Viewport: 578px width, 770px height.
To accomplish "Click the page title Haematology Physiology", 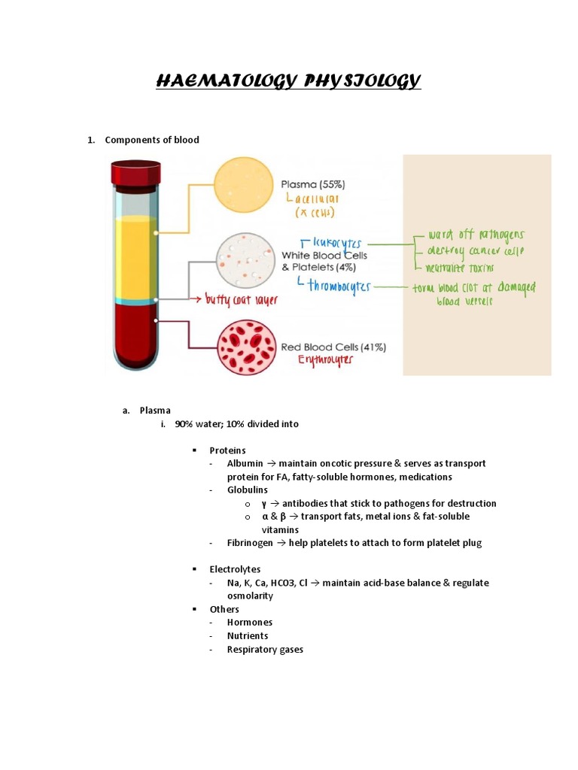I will click(288, 80).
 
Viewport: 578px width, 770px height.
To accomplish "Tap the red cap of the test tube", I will click(135, 173).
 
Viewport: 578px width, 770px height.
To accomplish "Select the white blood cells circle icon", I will click(246, 260).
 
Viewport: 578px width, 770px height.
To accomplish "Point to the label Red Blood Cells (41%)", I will click(333, 347).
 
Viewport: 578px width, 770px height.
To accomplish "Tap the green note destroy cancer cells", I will click(476, 250).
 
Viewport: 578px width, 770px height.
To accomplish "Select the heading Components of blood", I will click(152, 140).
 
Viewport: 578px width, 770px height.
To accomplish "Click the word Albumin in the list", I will click(245, 464).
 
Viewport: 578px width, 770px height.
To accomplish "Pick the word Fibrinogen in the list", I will click(250, 543).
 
